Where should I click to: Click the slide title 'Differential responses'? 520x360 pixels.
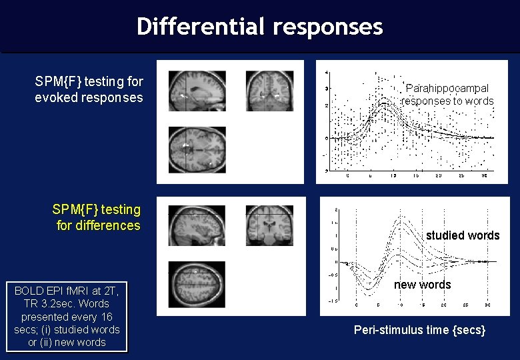(x=259, y=27)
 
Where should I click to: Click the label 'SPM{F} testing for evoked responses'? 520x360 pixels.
(x=89, y=89)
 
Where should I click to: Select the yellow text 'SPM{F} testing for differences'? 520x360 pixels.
(x=97, y=217)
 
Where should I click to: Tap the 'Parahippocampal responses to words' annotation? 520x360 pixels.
(x=447, y=95)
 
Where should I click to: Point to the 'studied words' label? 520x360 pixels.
(x=462, y=235)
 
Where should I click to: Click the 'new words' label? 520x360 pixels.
(x=422, y=285)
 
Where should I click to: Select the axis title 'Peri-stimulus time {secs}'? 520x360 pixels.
(x=419, y=330)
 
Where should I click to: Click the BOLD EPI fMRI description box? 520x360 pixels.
(x=67, y=317)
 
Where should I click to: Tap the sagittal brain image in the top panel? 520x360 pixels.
(x=197, y=91)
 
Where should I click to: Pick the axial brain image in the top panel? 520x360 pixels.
(x=197, y=150)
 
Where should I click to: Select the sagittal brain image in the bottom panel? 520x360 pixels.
(x=197, y=226)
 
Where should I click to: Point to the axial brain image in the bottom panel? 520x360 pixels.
(x=197, y=283)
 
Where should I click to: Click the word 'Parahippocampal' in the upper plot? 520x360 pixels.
(x=447, y=88)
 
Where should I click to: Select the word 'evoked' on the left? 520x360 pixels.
(x=55, y=97)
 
